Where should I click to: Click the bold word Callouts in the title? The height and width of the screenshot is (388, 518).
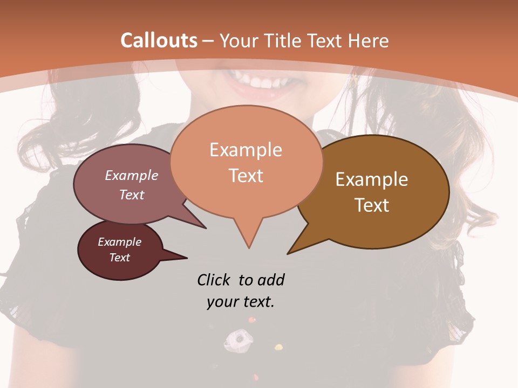(x=159, y=40)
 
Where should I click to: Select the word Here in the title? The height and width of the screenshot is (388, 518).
(x=369, y=40)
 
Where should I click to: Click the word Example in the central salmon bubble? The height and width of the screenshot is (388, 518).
(x=246, y=150)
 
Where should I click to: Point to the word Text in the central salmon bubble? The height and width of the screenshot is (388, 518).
(x=246, y=176)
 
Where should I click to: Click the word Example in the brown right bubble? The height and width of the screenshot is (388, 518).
(x=372, y=179)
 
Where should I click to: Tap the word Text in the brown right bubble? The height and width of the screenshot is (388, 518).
(x=372, y=205)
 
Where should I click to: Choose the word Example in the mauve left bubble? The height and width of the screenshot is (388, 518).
(x=132, y=176)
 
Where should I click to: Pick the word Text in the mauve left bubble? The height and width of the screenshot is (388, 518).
(x=132, y=195)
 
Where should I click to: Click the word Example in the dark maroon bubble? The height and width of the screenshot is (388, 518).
(x=119, y=242)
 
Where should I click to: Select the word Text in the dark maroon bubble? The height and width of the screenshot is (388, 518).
(x=119, y=258)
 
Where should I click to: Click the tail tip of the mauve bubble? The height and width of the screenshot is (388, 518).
(x=205, y=227)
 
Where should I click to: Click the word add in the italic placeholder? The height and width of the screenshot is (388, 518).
(x=270, y=280)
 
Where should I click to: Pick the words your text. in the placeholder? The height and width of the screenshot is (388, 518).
(x=241, y=302)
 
